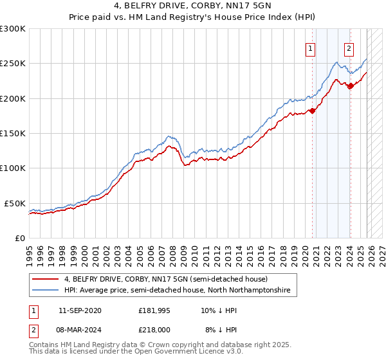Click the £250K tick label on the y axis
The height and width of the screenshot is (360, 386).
[x=13, y=64]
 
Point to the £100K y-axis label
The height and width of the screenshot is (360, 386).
[x=13, y=168]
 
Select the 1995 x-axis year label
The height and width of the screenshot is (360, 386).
[x=30, y=249]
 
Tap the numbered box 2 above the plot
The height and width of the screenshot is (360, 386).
[x=349, y=48]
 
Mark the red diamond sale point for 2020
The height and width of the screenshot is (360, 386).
[x=313, y=111]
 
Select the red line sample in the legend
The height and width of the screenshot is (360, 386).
[x=45, y=279]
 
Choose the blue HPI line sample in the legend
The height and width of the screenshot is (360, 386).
[x=45, y=291]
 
